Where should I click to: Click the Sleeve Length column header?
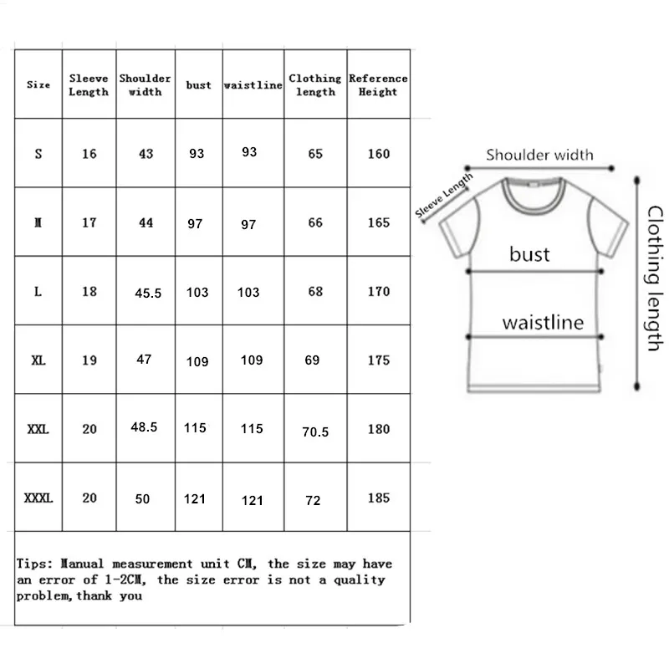[x=89, y=84]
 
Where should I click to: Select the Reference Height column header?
[x=378, y=84]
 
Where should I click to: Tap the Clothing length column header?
[x=315, y=84]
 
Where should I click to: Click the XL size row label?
[x=38, y=361]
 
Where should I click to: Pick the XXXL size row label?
[x=38, y=498]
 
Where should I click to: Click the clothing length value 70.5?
[x=315, y=432]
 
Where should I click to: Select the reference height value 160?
[x=378, y=154]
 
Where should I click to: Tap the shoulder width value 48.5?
[x=144, y=426]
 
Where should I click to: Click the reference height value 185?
[x=378, y=498]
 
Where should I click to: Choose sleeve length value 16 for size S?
[x=89, y=154]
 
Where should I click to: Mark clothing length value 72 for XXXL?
[x=314, y=500]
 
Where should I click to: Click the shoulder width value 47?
[x=144, y=359]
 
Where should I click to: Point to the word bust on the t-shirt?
[x=529, y=253]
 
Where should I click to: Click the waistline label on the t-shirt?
[x=543, y=323]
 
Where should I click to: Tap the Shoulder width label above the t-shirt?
[x=539, y=155]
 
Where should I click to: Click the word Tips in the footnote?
[x=33, y=564]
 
